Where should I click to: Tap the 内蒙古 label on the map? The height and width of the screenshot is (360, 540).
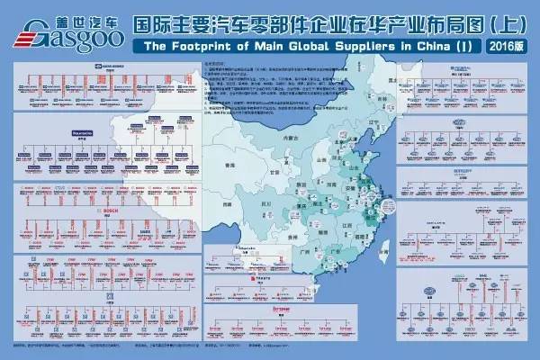click(x=289, y=139)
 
